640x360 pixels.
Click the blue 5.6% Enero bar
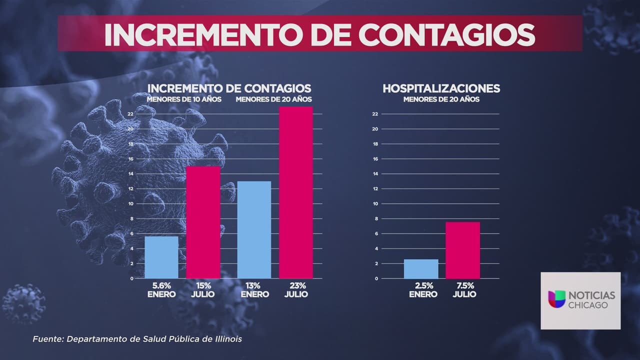click(x=161, y=257)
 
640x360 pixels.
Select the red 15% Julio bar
click(x=203, y=222)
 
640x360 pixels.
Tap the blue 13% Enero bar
click(x=254, y=229)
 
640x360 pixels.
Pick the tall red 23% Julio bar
click(x=296, y=192)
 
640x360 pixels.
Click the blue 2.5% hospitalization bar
click(x=421, y=268)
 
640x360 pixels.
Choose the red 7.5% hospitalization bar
click(x=462, y=250)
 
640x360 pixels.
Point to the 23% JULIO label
click(x=296, y=289)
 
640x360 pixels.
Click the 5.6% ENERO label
click(x=161, y=289)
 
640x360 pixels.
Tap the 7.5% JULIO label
click(x=464, y=289)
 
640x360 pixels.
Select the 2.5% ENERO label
click(x=422, y=289)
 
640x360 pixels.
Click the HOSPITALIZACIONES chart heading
click(x=441, y=88)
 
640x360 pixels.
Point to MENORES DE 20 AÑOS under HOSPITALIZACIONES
click(x=441, y=99)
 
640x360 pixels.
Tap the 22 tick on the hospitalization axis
click(x=374, y=114)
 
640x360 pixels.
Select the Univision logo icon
click(x=556, y=299)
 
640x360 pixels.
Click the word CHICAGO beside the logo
click(x=588, y=305)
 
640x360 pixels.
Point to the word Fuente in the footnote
click(x=46, y=339)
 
